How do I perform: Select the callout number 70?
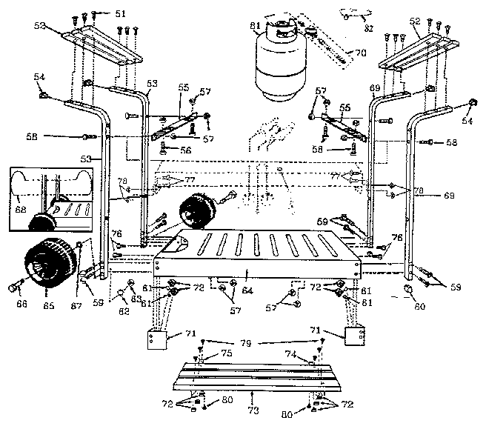[x=361, y=53]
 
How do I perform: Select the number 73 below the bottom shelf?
[x=253, y=408]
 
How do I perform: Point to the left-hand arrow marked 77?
[x=170, y=179]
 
